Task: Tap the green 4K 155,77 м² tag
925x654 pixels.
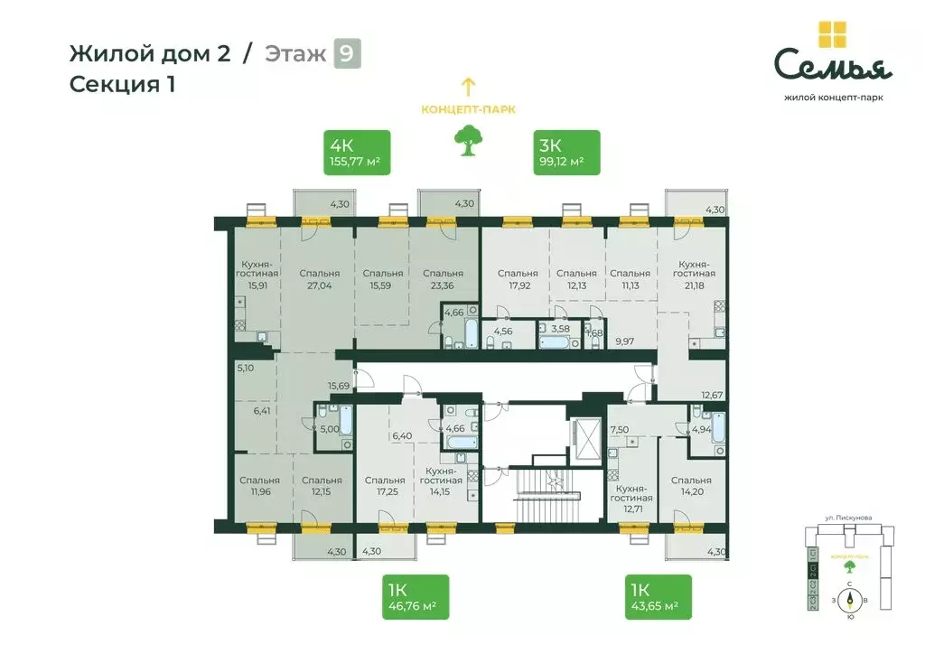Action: click(357, 153)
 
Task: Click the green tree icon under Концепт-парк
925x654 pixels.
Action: click(467, 141)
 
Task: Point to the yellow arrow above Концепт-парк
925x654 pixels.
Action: click(468, 87)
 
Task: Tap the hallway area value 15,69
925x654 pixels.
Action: click(339, 386)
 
